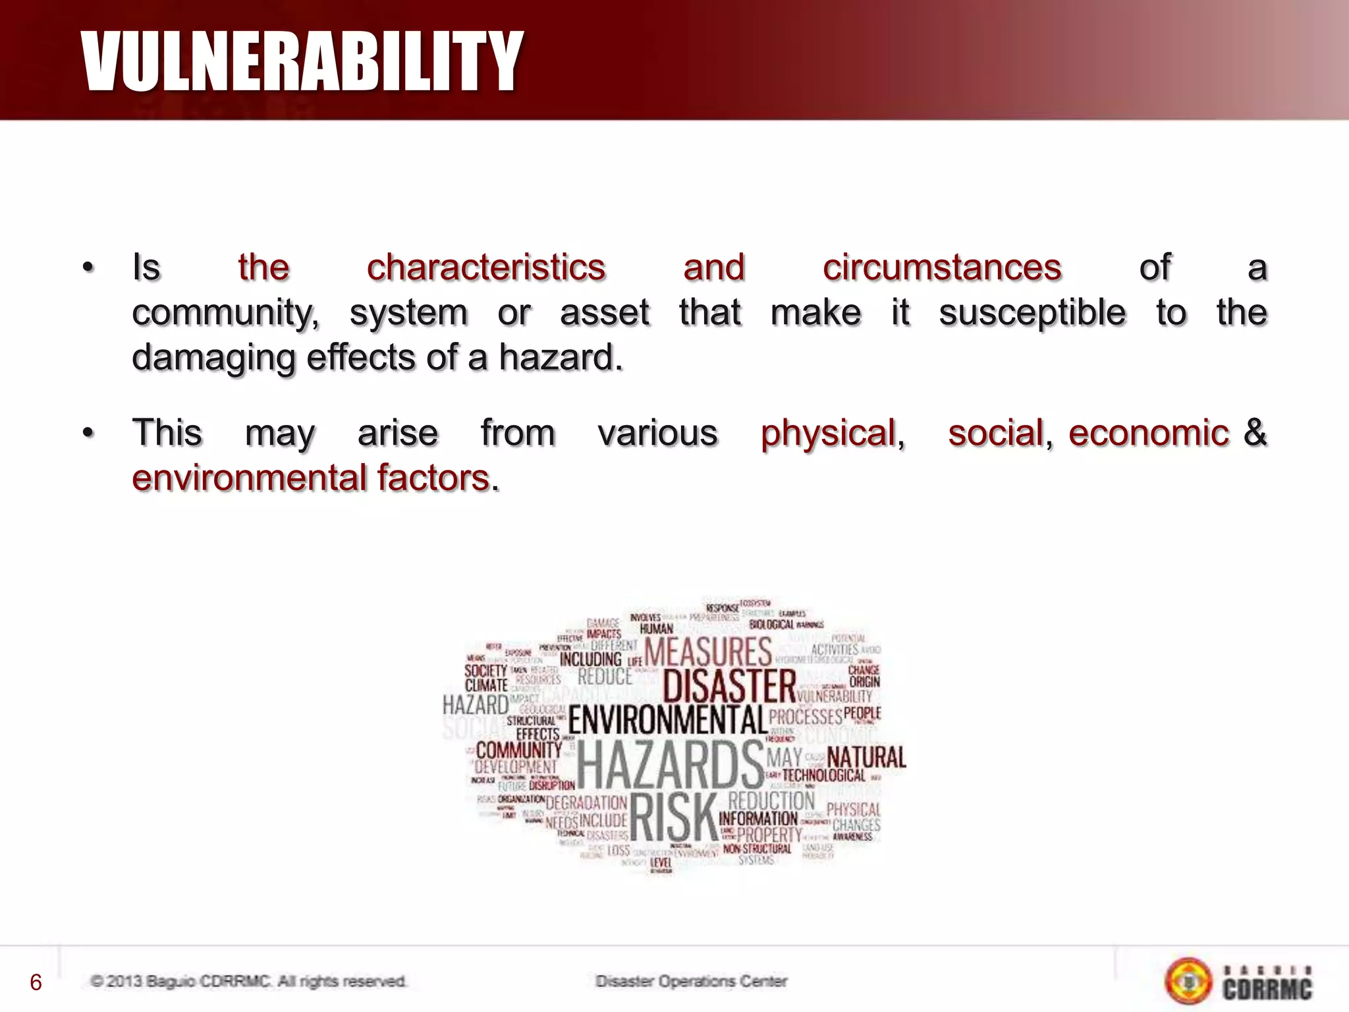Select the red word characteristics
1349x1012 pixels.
click(x=485, y=267)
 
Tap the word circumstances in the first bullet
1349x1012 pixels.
click(x=941, y=267)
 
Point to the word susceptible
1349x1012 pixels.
click(x=1032, y=312)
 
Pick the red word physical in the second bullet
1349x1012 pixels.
click(x=832, y=434)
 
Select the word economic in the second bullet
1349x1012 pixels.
click(x=1148, y=434)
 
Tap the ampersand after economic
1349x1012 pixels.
click(x=1255, y=432)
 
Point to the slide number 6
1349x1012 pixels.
click(x=36, y=982)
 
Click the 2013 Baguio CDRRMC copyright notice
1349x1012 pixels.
click(x=248, y=981)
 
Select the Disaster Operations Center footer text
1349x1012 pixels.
click(x=691, y=981)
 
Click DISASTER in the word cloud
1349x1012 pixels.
click(x=729, y=685)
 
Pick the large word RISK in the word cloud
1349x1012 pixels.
click(x=673, y=818)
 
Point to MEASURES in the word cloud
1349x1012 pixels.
click(x=707, y=652)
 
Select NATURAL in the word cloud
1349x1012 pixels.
click(x=866, y=758)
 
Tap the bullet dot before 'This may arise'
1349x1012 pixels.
click(x=88, y=434)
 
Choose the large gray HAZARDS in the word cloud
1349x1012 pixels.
click(x=670, y=765)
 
